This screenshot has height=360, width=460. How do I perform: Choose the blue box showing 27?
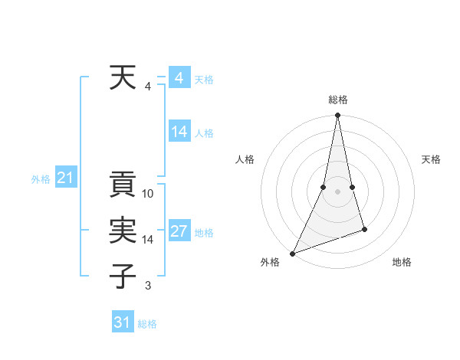tap(179, 231)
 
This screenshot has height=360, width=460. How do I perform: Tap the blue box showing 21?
tap(66, 178)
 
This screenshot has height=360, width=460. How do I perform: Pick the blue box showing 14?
tap(179, 132)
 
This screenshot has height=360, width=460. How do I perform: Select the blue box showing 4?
tap(179, 78)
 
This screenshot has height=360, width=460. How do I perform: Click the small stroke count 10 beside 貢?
tap(149, 194)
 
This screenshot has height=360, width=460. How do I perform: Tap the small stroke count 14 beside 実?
tap(149, 240)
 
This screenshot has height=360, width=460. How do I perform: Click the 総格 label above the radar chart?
tap(337, 100)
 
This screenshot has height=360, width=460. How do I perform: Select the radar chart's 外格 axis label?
tap(270, 262)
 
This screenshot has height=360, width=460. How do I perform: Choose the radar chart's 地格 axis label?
tap(402, 262)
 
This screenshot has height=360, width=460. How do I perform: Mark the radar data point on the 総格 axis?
tap(337, 116)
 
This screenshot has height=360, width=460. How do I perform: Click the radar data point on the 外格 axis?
tap(292, 253)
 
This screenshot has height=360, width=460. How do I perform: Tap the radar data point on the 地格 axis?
tap(364, 229)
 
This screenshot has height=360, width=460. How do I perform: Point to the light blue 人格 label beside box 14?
tap(204, 133)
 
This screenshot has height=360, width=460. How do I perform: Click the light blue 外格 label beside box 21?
tap(41, 179)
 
